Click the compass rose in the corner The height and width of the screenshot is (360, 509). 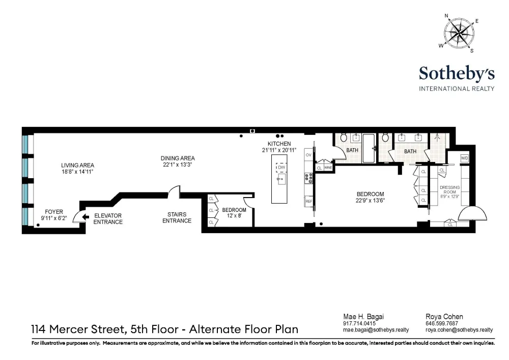click(459, 33)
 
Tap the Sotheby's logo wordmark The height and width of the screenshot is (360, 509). click(457, 74)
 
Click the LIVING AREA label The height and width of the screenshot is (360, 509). click(77, 165)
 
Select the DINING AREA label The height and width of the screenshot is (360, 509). click(178, 158)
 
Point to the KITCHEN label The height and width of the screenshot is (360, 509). click(279, 144)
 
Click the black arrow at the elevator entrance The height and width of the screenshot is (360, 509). click(86, 217)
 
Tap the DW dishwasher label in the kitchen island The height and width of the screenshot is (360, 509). click(281, 168)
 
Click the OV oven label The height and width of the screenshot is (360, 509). click(308, 155)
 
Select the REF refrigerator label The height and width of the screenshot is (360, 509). click(308, 201)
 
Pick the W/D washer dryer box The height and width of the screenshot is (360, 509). click(465, 158)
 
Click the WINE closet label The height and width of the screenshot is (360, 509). click(328, 168)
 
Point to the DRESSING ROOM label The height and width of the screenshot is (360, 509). click(449, 189)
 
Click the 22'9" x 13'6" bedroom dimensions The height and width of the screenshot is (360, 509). click(370, 201)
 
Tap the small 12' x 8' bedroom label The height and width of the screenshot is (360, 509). click(234, 215)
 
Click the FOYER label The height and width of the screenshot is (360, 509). click(54, 212)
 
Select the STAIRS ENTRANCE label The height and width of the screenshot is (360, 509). click(177, 217)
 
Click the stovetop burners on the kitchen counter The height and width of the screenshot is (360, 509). click(308, 178)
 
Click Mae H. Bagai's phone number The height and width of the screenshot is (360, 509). click(359, 323)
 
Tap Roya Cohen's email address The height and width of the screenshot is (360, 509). click(459, 330)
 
